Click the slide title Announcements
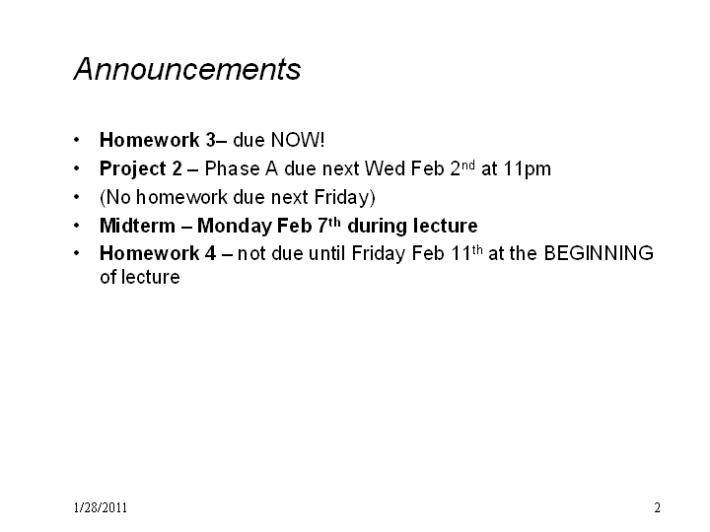click(x=187, y=69)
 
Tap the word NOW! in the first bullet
click(x=298, y=140)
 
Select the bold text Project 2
click(x=141, y=169)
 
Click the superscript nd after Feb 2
click(x=468, y=165)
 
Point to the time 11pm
click(x=527, y=169)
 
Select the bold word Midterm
click(x=137, y=226)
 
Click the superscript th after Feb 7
click(x=334, y=222)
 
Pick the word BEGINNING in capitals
click(x=599, y=253)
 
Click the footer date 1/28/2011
click(x=101, y=507)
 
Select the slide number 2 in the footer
click(x=657, y=507)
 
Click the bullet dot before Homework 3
click(x=77, y=140)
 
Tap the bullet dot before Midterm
click(x=77, y=226)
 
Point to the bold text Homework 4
click(x=158, y=253)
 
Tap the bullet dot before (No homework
click(x=77, y=197)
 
